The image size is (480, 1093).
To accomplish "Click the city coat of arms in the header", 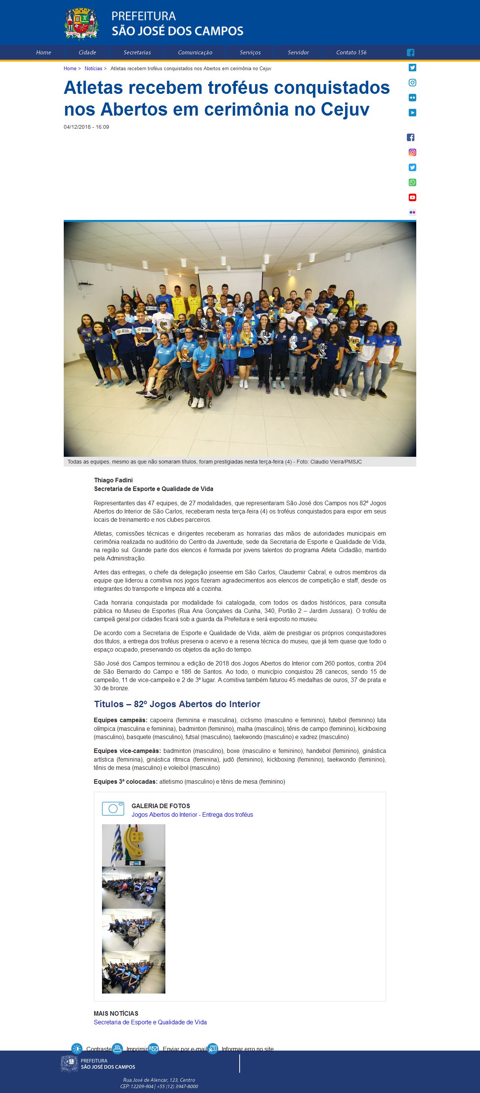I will pos(82,24).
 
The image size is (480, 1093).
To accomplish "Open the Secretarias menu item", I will pos(137,53).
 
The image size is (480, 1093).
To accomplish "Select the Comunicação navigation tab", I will pos(195,53).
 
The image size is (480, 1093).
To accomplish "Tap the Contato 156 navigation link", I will pos(351,53).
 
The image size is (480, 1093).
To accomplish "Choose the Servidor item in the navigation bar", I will pos(298,53).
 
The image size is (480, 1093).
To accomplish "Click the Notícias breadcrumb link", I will pos(93,69).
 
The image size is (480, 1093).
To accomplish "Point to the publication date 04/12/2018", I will pos(77,127).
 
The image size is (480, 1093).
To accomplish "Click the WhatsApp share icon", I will pos(412,182).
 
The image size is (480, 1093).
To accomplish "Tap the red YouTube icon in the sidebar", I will pos(412,197).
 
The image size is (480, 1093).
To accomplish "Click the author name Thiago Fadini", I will pos(113,480).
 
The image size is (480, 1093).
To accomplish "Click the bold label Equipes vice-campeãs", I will pos(127,751).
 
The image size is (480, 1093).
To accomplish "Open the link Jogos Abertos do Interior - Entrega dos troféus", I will pos(192,814).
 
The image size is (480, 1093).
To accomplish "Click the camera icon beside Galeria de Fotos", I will pos(113,809).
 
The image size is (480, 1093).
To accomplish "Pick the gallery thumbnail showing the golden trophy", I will pos(133,845).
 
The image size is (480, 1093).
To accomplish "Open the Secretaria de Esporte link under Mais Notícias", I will pos(150,1022).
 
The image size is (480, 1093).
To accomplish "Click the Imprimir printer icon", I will pos(117,1048).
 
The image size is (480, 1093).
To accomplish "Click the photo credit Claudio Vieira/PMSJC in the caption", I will pos(336,462).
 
